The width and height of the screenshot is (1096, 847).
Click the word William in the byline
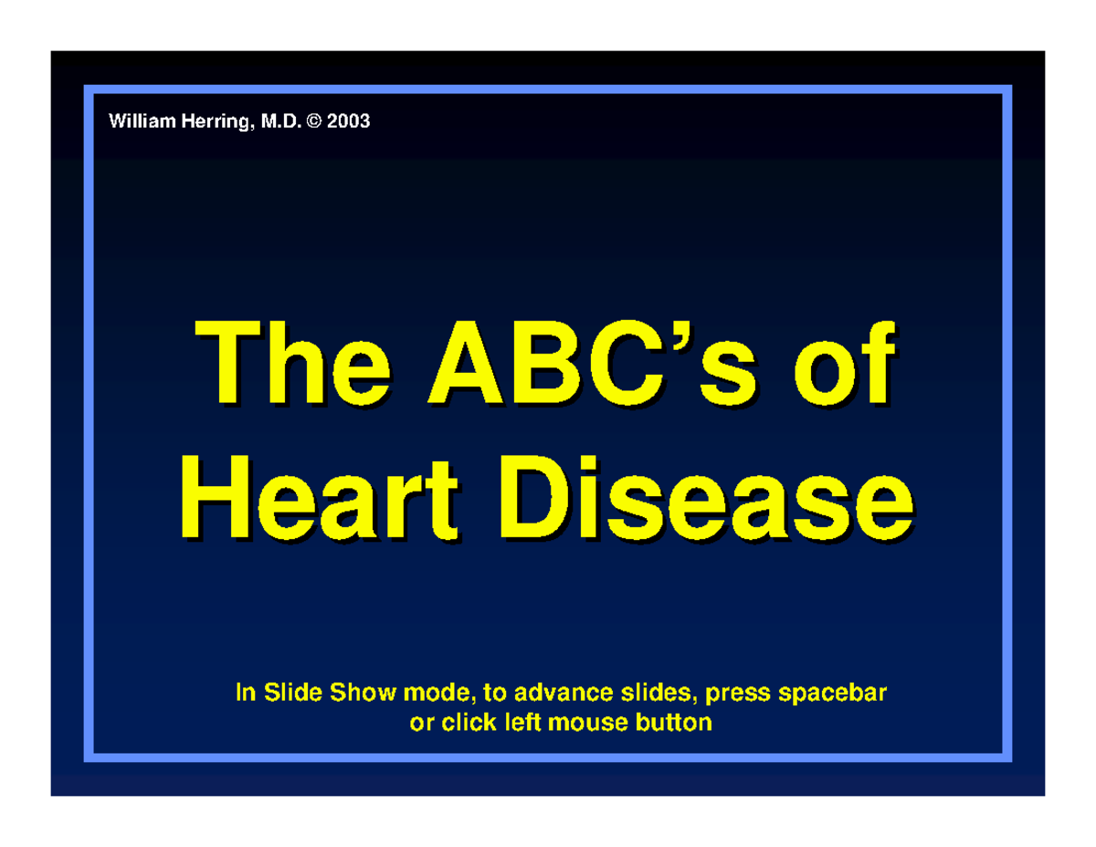[139, 121]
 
